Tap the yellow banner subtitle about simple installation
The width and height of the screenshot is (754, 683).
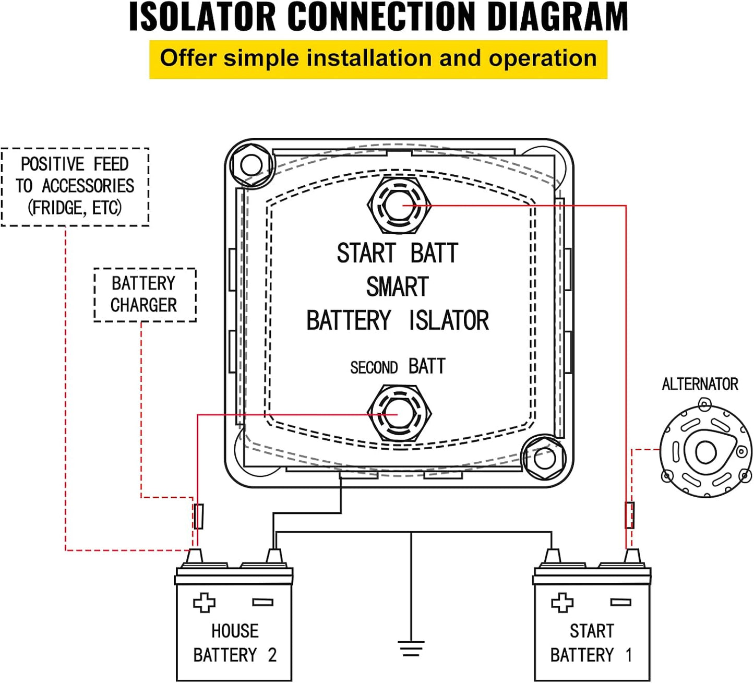pos(378,58)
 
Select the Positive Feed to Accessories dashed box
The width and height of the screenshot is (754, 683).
pos(75,187)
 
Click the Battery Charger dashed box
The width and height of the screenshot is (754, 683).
pos(145,295)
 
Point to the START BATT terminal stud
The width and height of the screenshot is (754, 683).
pos(399,206)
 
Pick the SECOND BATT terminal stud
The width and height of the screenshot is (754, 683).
pos(399,414)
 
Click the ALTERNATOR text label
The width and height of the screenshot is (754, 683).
pos(700,385)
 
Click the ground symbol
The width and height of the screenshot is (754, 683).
pos(411,649)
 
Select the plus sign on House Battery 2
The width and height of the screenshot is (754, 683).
pos(204,603)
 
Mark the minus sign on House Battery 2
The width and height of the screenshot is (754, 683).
pos(262,603)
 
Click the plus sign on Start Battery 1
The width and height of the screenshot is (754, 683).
pos(562,603)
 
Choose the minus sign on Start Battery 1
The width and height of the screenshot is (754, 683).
pos(620,603)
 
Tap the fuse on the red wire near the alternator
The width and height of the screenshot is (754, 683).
pos(630,515)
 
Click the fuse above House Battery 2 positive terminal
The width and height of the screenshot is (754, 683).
pos(198,517)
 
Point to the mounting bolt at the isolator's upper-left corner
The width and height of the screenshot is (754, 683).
pos(252,165)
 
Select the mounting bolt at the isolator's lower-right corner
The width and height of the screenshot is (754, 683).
pos(544,458)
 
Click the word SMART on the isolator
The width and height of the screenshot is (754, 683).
pos(397,287)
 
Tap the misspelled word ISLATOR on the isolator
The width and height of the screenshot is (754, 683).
pos(449,321)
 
